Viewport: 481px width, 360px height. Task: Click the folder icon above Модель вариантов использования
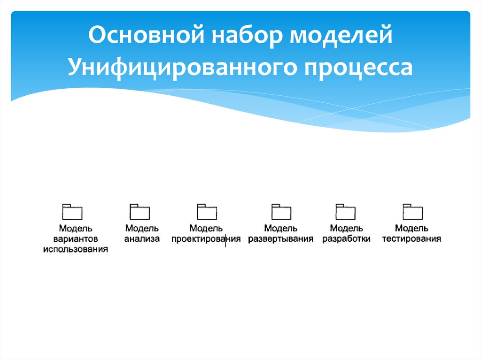[72, 212]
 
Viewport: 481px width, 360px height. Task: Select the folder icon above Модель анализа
[140, 212]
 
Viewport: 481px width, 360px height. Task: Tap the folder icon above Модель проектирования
[207, 212]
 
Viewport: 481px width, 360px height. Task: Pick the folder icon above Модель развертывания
[281, 212]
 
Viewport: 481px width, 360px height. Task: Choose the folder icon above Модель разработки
[346, 212]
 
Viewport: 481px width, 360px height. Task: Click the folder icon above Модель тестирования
[412, 212]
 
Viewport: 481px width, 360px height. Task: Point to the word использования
[76, 250]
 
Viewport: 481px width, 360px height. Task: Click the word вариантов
[75, 239]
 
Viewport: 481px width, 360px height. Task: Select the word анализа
[142, 239]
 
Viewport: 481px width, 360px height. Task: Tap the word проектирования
[206, 239]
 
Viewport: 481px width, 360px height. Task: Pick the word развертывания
[280, 239]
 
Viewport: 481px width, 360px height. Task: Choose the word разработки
[346, 239]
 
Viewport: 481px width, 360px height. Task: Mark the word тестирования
[411, 239]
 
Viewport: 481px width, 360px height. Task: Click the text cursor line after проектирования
[225, 240]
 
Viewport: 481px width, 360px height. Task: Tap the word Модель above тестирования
[411, 229]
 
